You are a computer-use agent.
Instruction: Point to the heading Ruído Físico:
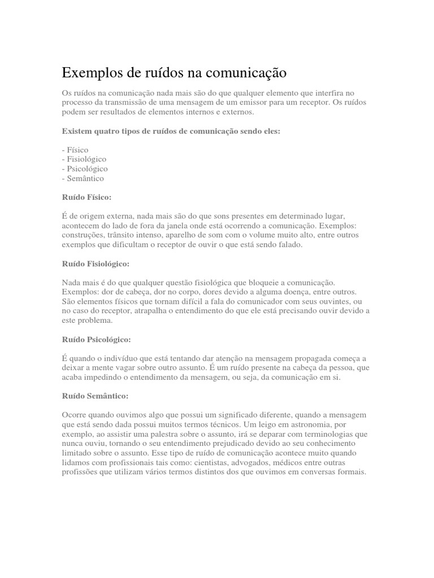[86, 198]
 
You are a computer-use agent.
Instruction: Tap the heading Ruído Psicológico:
[97, 339]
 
